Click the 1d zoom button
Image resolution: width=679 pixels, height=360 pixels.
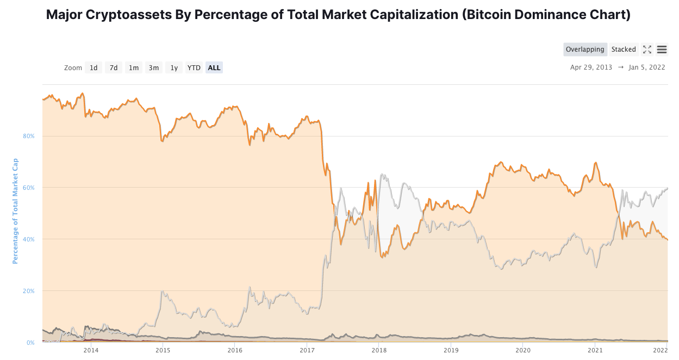pyautogui.click(x=94, y=67)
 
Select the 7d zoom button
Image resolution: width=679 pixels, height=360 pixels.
pyautogui.click(x=113, y=67)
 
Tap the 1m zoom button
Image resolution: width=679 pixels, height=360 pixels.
pyautogui.click(x=133, y=67)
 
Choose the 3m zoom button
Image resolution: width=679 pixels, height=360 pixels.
pyautogui.click(x=154, y=67)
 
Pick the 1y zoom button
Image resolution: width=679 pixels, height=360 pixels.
pyautogui.click(x=174, y=67)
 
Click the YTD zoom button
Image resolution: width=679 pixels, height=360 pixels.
pyautogui.click(x=194, y=67)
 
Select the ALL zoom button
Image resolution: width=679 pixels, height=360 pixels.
pyautogui.click(x=214, y=67)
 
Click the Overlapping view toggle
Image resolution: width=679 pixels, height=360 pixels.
pyautogui.click(x=585, y=49)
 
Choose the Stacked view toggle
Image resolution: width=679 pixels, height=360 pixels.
pyautogui.click(x=624, y=49)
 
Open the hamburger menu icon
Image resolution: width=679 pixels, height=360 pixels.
pyautogui.click(x=662, y=49)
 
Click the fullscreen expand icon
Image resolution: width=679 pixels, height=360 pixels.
pyautogui.click(x=647, y=49)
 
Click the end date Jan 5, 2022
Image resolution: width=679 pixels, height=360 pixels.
pyautogui.click(x=647, y=67)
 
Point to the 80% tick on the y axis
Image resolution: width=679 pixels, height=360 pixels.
pyautogui.click(x=29, y=136)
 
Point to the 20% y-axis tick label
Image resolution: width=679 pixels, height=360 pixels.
pyautogui.click(x=29, y=291)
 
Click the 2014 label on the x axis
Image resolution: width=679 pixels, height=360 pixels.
pyautogui.click(x=91, y=350)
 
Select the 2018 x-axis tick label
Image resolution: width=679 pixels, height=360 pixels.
pyautogui.click(x=379, y=350)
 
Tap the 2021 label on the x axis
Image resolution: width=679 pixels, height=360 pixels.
pyautogui.click(x=595, y=350)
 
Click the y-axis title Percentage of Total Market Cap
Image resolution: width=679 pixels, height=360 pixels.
pyautogui.click(x=15, y=211)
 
